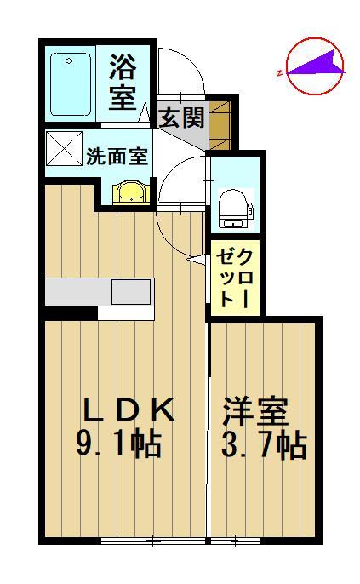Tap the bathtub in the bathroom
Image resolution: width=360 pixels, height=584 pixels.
click(x=70, y=83)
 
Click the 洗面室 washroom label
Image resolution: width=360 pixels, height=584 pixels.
click(x=117, y=156)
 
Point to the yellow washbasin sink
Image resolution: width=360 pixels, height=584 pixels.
click(x=129, y=192)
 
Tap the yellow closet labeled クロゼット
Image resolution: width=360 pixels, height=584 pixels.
click(x=232, y=278)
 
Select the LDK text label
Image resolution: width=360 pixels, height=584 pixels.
click(x=128, y=411)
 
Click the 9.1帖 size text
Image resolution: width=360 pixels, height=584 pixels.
click(x=120, y=444)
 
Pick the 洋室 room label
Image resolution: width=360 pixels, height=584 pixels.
click(x=255, y=412)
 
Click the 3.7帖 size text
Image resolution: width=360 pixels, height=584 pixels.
click(x=264, y=444)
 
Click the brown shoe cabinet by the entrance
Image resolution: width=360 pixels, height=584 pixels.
click(x=220, y=120)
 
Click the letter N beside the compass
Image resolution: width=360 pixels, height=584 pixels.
click(x=279, y=74)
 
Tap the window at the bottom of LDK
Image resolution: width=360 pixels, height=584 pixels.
click(x=153, y=541)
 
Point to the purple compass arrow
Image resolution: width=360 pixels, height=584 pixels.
click(x=315, y=64)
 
